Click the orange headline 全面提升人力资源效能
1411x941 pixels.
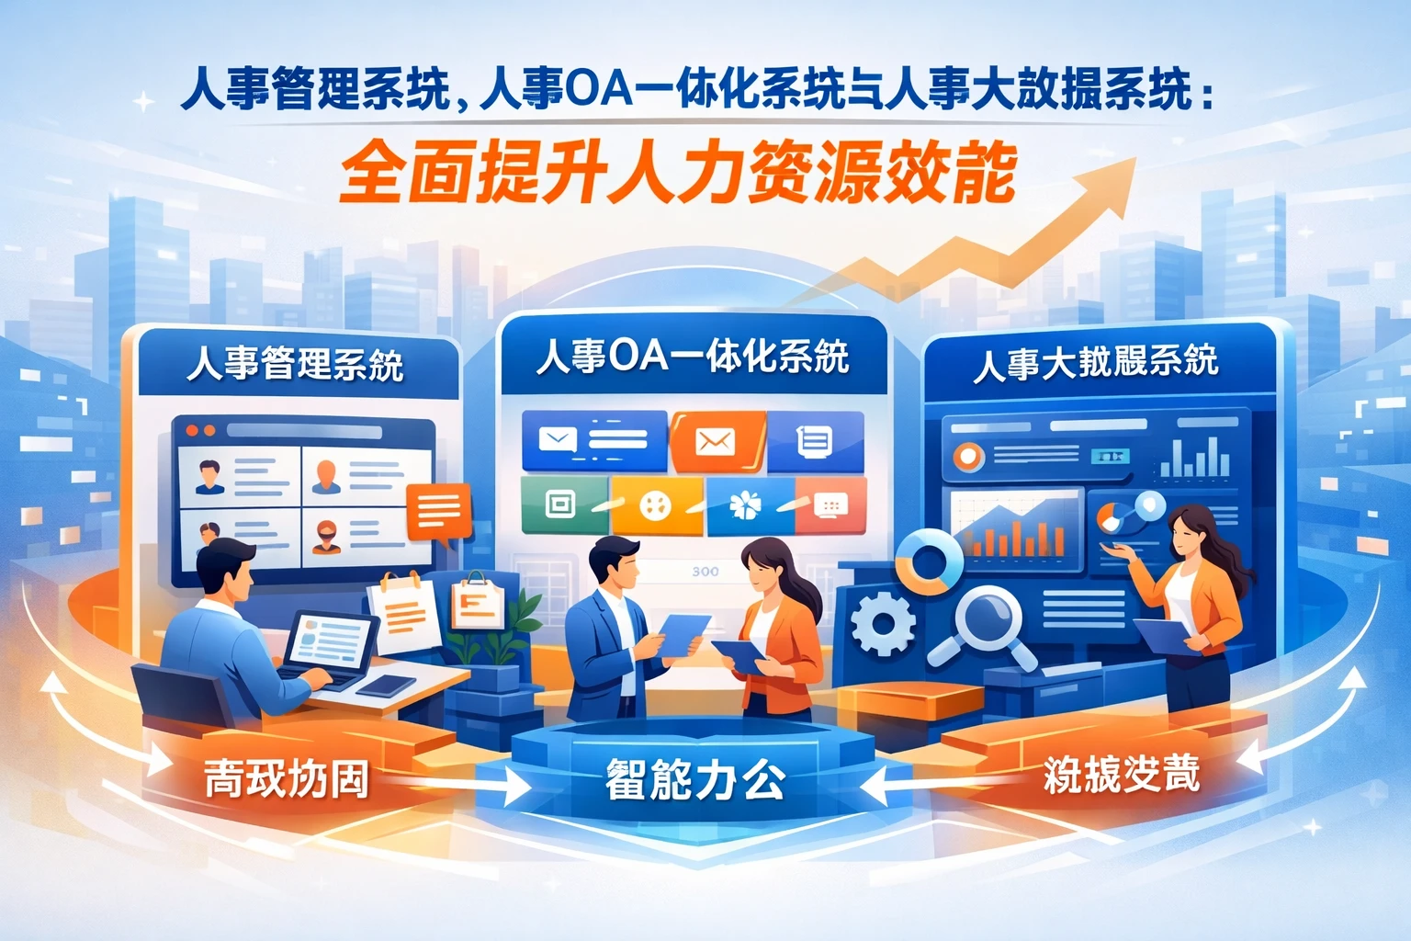(678, 172)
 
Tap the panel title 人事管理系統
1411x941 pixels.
(295, 364)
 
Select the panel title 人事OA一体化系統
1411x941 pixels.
(693, 357)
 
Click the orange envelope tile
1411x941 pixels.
(716, 442)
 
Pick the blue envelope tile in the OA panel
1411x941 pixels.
(593, 441)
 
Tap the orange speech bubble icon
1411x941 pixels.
(439, 511)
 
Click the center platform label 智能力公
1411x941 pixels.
(694, 780)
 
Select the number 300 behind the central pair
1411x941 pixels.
(705, 572)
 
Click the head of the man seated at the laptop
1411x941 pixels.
(225, 569)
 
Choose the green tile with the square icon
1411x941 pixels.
(563, 504)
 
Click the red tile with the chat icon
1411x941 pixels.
(830, 505)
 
